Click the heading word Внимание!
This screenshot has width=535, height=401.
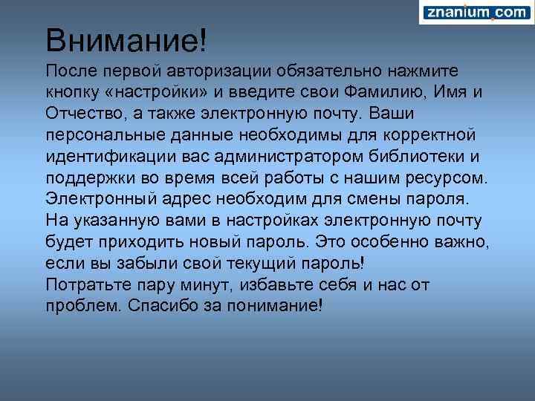tap(123, 41)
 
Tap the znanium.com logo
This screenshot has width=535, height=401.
tap(476, 13)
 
